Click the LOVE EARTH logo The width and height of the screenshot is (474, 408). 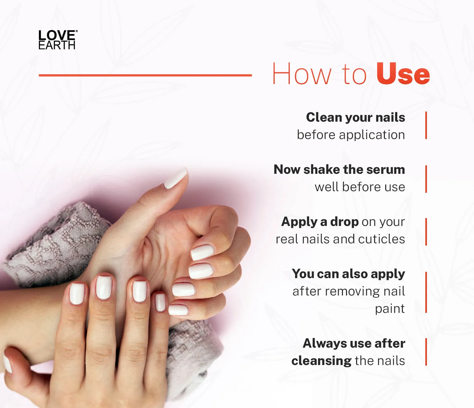pos(58,40)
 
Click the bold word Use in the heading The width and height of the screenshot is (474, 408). pos(403,74)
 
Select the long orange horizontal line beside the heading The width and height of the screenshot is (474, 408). pos(145,75)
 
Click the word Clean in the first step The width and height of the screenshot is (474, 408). pos(324,118)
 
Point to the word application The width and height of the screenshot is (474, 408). pos(372,135)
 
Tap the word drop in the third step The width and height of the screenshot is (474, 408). pos(344,222)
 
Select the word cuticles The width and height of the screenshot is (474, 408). pos(382,239)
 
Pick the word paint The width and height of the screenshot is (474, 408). pos(390,309)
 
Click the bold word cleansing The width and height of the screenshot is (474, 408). pos(321,361)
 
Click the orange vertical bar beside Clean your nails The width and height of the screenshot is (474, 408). pos(426,125)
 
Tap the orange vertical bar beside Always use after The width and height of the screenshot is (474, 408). pos(426,352)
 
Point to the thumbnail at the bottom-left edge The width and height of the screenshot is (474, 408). pos(8,364)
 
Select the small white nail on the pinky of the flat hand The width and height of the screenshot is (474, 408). pos(160,302)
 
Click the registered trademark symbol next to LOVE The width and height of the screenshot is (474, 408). pos(76,31)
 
